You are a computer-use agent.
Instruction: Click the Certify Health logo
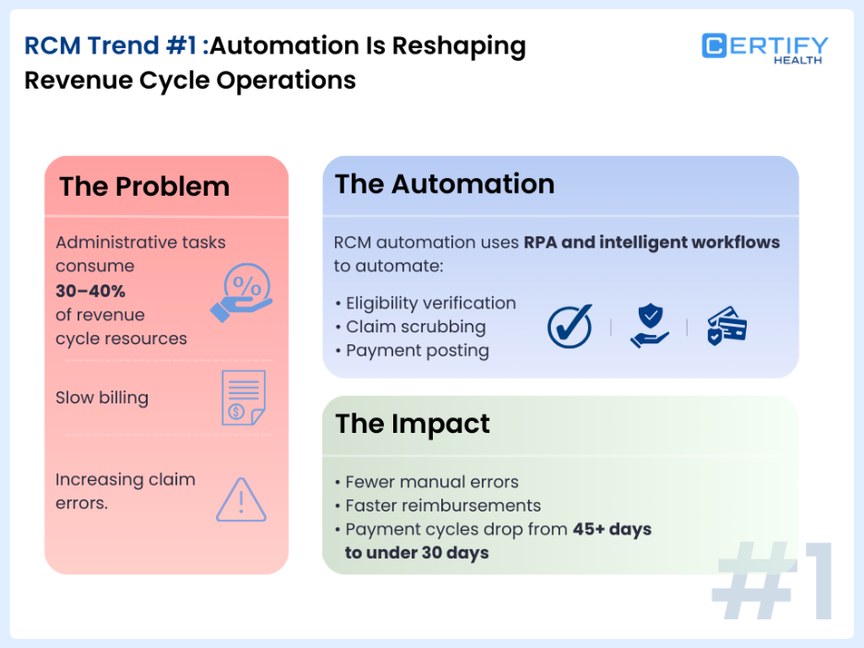point(764,48)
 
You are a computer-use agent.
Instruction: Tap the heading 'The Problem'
point(144,186)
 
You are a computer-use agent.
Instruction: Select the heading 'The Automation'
point(444,184)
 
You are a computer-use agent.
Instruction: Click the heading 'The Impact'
point(412,424)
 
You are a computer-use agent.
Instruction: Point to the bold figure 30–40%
point(90,291)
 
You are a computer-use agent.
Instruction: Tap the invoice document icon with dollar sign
point(243,398)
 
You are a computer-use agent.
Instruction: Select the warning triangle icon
point(241,499)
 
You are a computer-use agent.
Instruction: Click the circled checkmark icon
point(570,327)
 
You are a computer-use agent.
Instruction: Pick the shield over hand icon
point(650,327)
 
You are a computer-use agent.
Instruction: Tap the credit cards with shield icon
point(726,327)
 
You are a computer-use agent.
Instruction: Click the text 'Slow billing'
point(102,398)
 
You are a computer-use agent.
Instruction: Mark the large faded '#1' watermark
point(774,582)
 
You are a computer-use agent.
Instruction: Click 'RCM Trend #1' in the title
point(110,46)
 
